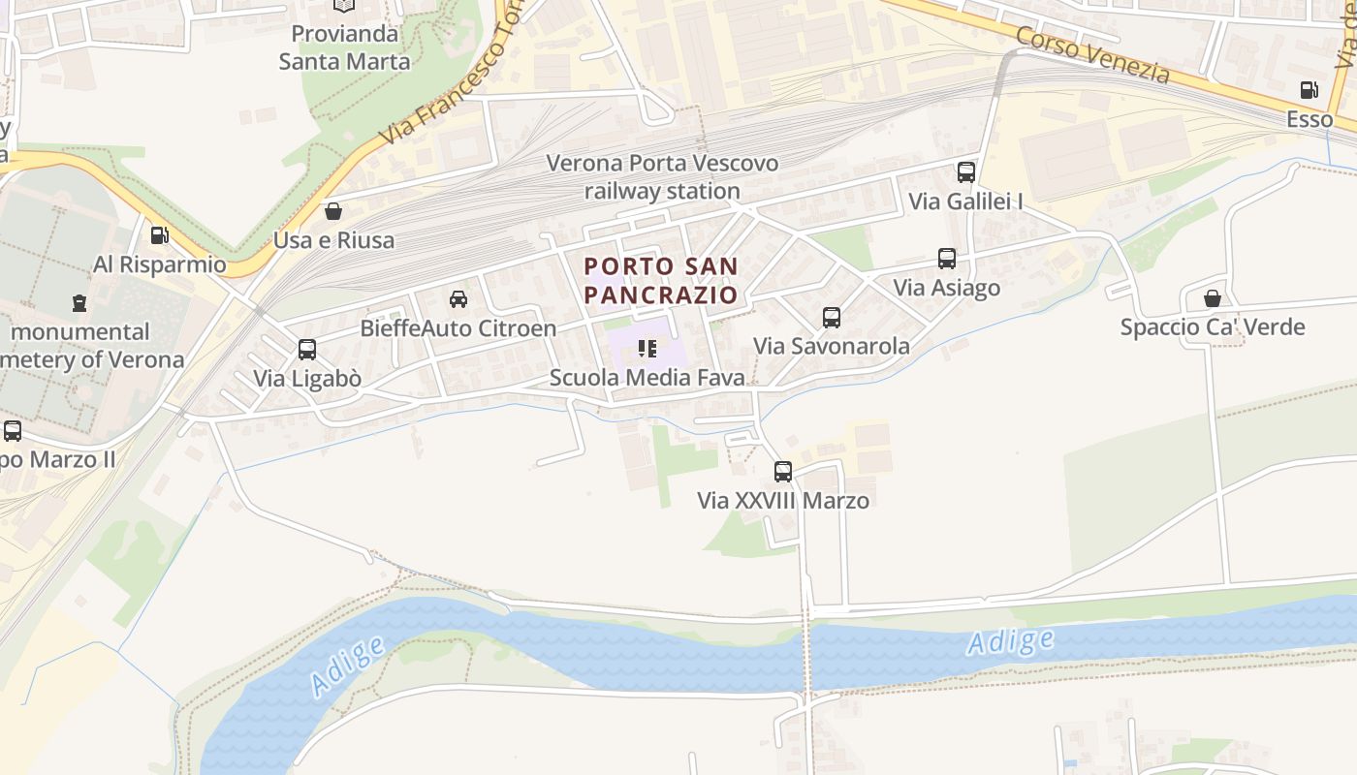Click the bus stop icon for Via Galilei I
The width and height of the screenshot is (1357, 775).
coord(965,172)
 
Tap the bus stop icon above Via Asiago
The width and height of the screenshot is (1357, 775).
coord(946,259)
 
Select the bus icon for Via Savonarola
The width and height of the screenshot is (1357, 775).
coord(831,317)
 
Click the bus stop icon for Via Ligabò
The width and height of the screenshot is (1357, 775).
coord(306,350)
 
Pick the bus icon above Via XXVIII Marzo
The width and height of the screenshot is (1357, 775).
coord(782,472)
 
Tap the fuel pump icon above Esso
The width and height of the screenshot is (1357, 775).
coord(1309,90)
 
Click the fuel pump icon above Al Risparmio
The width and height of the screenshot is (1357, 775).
coord(159,235)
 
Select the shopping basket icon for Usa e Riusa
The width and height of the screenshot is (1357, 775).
coord(333,210)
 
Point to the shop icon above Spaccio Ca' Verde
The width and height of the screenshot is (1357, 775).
coord(1212,297)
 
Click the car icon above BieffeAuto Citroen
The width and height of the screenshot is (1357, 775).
coord(458,299)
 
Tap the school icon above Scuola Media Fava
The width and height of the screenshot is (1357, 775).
coord(647,349)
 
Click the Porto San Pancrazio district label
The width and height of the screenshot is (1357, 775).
coord(661,280)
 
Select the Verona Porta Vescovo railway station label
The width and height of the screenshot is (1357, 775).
coord(662,177)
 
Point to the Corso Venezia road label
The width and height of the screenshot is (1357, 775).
coord(1092,54)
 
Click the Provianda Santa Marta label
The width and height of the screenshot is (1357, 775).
coord(344,47)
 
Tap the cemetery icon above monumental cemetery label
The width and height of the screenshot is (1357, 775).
coord(79,302)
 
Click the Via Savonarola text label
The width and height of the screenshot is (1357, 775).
coord(832,346)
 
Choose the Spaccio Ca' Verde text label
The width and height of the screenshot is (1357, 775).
coord(1212,326)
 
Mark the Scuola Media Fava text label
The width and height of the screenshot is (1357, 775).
coord(647,378)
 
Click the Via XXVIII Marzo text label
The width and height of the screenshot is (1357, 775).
coord(782,500)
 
